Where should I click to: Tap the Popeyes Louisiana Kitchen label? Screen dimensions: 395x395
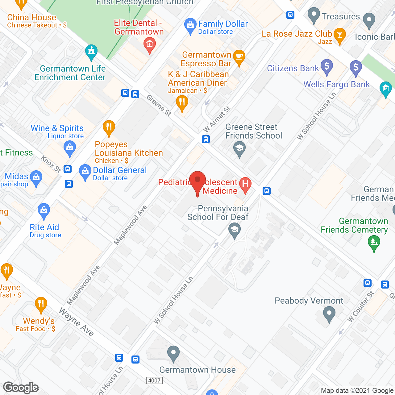pyautogui.click(x=129, y=149)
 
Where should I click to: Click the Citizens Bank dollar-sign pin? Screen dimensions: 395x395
pyautogui.click(x=327, y=66)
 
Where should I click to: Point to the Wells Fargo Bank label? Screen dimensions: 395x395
pyautogui.click(x=336, y=84)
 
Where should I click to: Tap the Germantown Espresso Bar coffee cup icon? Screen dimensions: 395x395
pyautogui.click(x=239, y=57)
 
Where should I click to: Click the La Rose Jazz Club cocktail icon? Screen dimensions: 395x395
pyautogui.click(x=340, y=35)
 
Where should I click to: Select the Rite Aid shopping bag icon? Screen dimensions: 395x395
pyautogui.click(x=44, y=211)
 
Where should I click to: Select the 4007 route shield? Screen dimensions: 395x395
pyautogui.click(x=154, y=380)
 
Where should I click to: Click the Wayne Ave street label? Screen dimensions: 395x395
pyautogui.click(x=77, y=322)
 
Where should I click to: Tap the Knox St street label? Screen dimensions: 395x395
pyautogui.click(x=51, y=164)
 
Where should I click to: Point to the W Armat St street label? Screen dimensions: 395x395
pyautogui.click(x=217, y=119)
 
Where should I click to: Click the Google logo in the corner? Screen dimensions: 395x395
pyautogui.click(x=21, y=388)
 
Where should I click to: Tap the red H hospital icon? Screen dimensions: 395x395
pyautogui.click(x=245, y=185)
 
